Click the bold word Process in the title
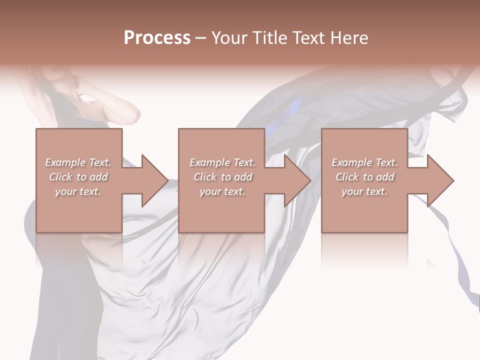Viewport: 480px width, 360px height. click(157, 38)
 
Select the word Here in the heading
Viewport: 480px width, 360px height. click(348, 38)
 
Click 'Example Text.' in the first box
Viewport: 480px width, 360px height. click(78, 162)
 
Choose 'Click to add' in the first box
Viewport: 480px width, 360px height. click(78, 177)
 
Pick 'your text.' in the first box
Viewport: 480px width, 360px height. click(78, 191)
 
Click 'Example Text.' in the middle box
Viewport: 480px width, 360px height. click(222, 162)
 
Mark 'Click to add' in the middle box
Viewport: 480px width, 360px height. click(222, 177)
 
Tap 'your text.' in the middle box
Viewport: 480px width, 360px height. click(222, 191)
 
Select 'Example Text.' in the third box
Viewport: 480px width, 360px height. click(364, 162)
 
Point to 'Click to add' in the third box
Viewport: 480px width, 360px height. click(364, 177)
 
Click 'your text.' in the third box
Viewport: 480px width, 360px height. click(364, 191)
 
